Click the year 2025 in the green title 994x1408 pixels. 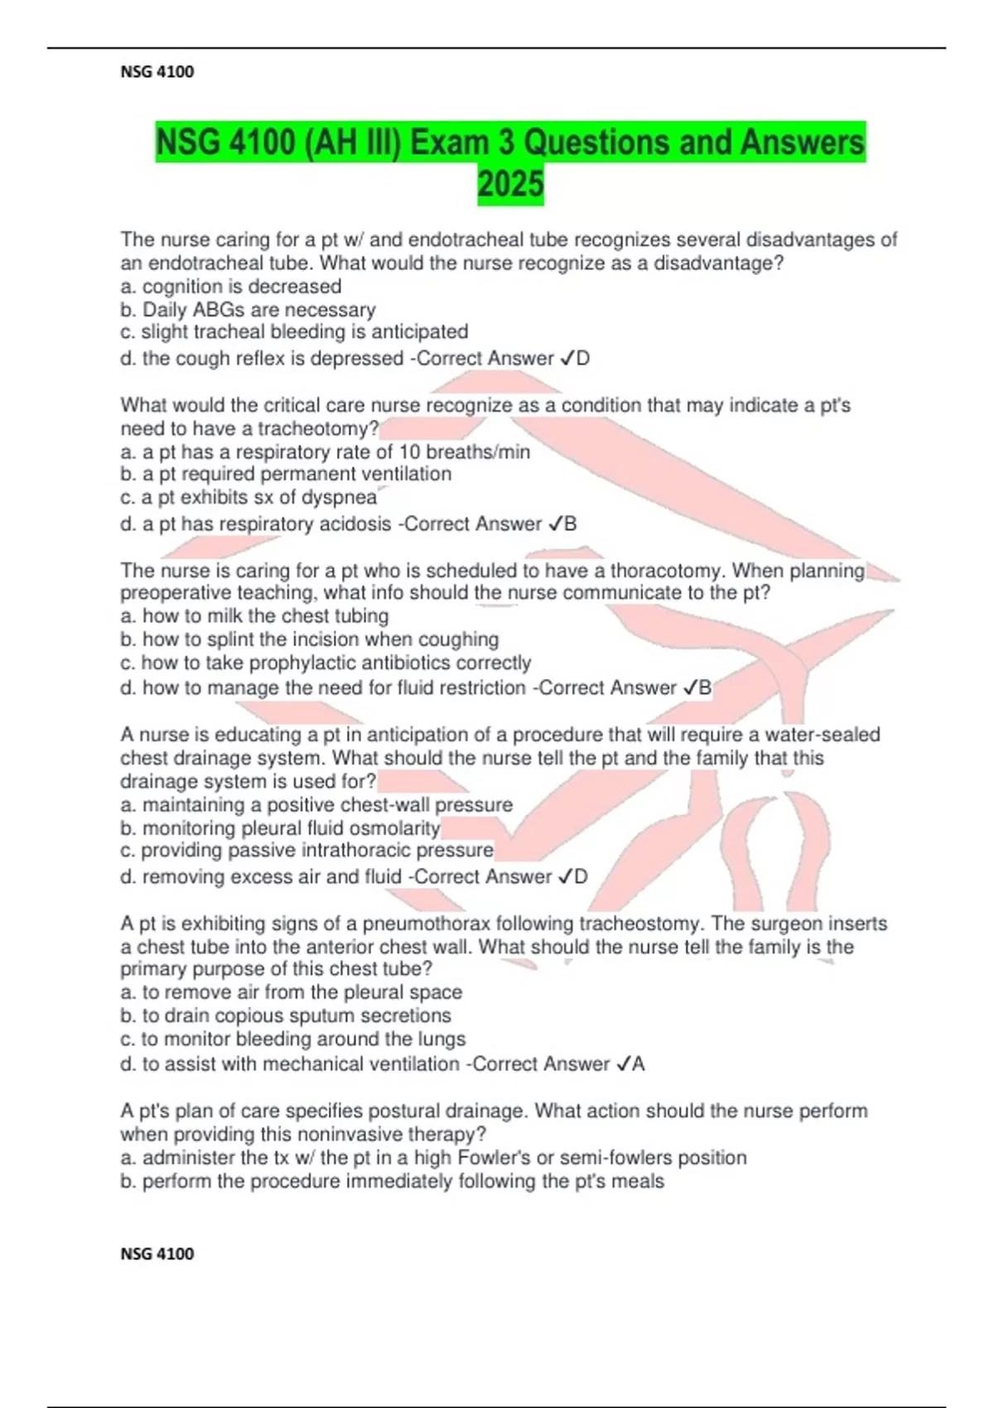[x=510, y=184]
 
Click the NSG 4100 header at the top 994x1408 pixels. [x=157, y=72]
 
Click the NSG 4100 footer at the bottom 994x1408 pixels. [x=157, y=1254]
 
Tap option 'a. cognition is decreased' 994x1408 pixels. [x=231, y=287]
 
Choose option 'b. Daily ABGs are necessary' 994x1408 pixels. [x=248, y=310]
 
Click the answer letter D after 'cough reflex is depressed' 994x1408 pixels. [x=583, y=359]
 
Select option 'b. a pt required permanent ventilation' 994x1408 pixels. [x=286, y=474]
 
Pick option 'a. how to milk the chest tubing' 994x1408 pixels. [x=254, y=616]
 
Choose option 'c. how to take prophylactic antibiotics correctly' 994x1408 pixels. [x=326, y=663]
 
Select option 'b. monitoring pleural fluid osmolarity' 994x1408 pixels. [x=280, y=828]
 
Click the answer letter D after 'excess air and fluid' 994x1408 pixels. [x=581, y=877]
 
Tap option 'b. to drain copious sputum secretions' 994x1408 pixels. [x=286, y=1015]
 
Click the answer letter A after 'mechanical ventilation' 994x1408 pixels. [x=638, y=1064]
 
